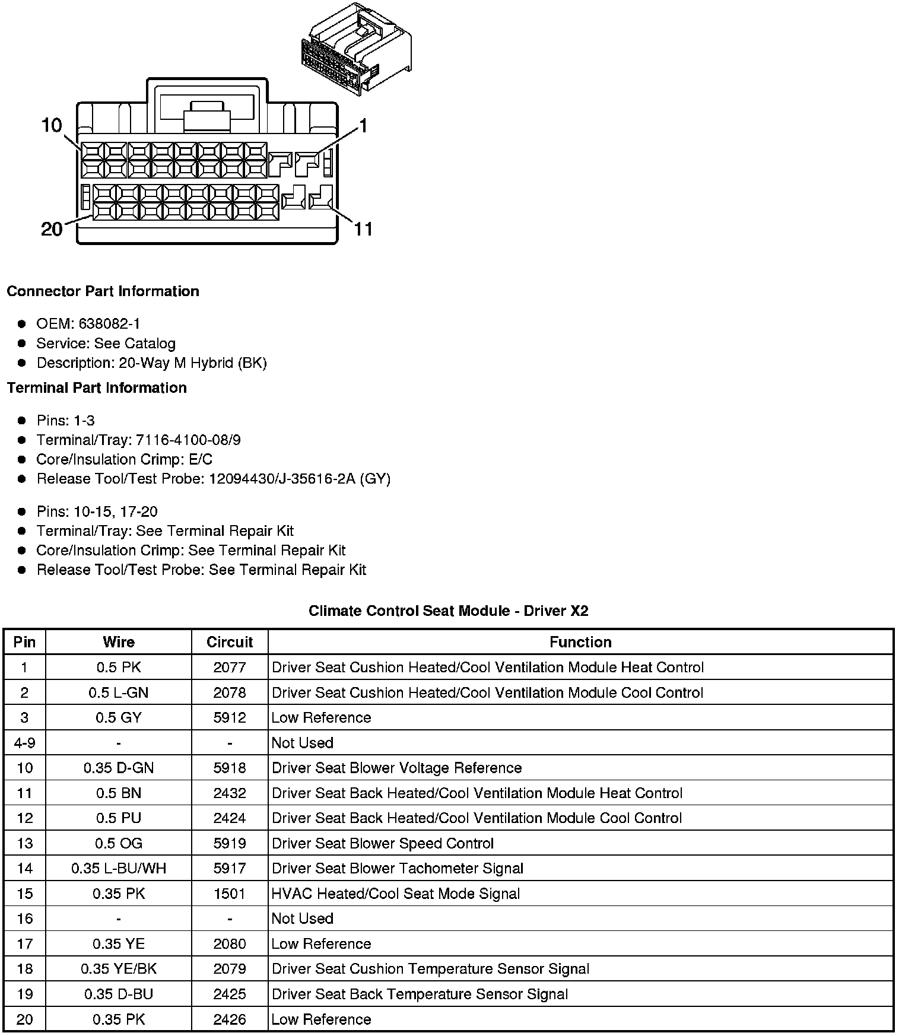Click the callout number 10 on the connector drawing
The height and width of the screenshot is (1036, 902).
coord(52,125)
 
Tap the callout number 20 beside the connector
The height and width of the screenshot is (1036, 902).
coord(52,228)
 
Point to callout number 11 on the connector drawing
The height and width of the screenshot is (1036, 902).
coord(363,228)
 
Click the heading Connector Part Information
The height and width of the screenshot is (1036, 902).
coord(103,291)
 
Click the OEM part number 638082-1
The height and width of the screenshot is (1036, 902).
coord(109,324)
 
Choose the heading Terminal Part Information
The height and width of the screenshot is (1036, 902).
coord(97,388)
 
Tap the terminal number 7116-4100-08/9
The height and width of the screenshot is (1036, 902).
coord(188,440)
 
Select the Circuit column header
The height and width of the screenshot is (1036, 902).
coord(230,642)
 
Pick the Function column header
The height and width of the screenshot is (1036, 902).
coord(580,642)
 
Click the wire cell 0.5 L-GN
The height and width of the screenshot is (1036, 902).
coord(119,692)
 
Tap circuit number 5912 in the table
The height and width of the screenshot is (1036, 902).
coord(230,718)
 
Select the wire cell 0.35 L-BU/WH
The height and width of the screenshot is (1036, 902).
coord(119,869)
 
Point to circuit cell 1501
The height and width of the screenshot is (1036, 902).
coord(230,894)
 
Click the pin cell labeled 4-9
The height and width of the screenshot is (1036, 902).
coord(24,743)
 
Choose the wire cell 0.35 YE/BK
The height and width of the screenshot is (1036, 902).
coord(119,969)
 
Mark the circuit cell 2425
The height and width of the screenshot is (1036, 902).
coord(230,994)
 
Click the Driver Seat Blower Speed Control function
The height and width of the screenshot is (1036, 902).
coord(383,844)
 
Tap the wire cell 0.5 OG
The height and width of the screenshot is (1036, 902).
coord(119,844)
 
